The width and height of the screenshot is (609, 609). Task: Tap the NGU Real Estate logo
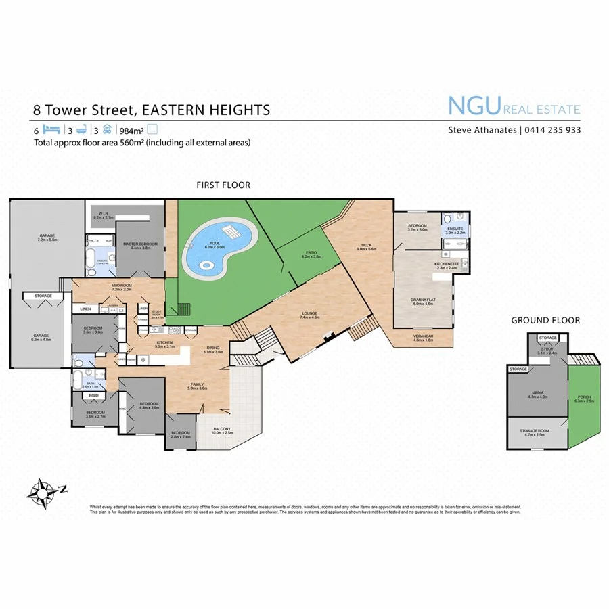pos(514,107)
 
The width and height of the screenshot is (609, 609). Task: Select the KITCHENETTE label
pos(447,264)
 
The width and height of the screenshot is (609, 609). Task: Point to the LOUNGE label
pos(310,314)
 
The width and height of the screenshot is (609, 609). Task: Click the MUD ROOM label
pos(121,286)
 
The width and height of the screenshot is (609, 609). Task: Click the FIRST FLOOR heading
pos(223,185)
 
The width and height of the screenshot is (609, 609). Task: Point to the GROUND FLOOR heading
pos(545,320)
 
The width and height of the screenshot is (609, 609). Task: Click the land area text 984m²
pos(131,130)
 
